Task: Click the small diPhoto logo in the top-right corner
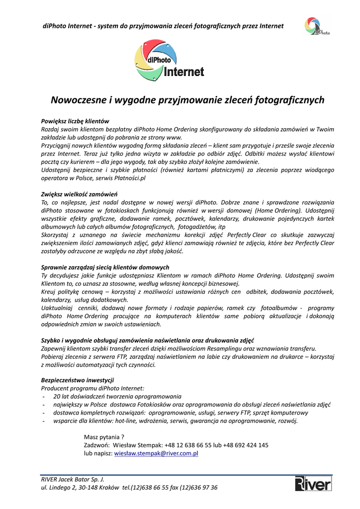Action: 317,26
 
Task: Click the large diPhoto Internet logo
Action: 169,61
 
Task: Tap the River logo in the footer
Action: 313,484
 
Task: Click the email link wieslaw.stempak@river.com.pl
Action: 157,454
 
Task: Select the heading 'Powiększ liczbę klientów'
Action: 75,121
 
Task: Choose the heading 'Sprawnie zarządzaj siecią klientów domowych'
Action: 105,267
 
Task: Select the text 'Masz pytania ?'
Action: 104,437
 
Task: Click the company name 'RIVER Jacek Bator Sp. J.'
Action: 73,479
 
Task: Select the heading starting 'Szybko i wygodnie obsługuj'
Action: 147,340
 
